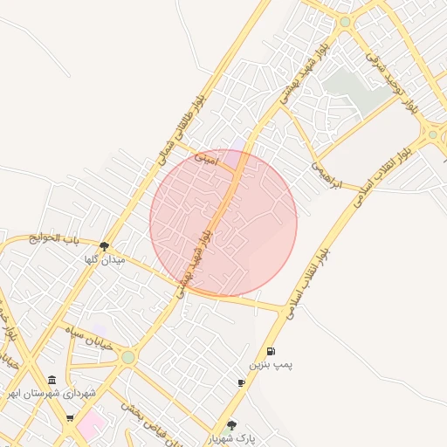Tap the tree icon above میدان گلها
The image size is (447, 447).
(105, 246)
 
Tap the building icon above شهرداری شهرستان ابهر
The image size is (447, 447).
(52, 381)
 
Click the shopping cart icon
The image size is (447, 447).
(70, 417)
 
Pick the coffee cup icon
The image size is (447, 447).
(241, 382)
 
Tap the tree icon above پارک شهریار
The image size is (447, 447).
(231, 425)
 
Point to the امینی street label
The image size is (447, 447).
(208, 161)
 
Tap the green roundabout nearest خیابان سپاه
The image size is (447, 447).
(128, 357)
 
